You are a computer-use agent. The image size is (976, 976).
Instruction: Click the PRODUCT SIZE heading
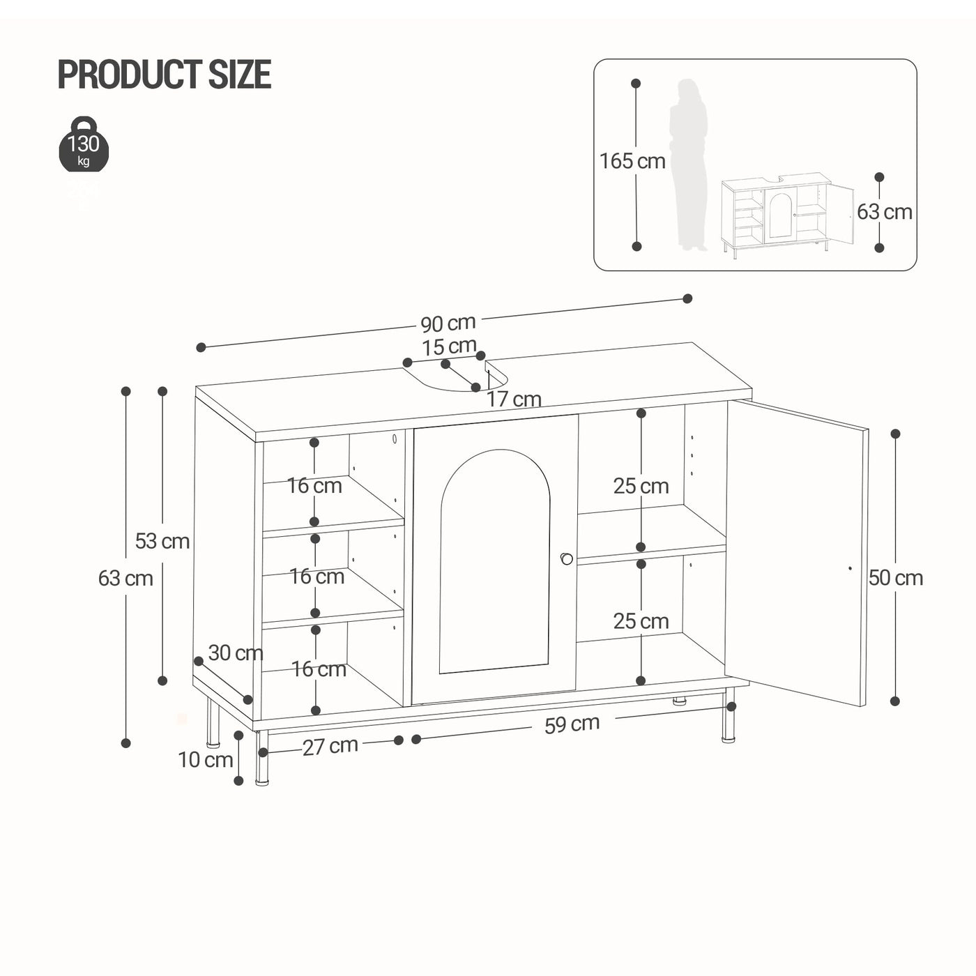tap(164, 75)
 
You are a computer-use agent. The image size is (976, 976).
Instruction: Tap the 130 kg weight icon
tap(84, 145)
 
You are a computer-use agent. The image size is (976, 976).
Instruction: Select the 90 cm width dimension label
tap(448, 323)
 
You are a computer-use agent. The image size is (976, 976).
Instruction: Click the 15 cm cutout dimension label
tap(449, 346)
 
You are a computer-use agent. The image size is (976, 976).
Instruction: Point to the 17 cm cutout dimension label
tap(514, 399)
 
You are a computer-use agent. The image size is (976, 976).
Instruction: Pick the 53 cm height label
tap(162, 541)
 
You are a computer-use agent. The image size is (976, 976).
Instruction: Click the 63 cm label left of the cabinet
tap(125, 578)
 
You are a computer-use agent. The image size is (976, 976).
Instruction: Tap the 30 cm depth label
tap(236, 653)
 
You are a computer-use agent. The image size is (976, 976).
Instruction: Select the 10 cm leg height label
tap(205, 759)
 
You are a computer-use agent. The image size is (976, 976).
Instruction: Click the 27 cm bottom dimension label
tap(330, 746)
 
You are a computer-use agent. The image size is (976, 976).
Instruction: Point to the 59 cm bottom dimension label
tap(572, 724)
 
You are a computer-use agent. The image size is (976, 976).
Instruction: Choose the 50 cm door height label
tap(896, 578)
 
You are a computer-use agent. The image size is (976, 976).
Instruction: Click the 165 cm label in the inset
tap(632, 161)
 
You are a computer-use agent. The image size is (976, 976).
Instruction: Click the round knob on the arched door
tap(566, 558)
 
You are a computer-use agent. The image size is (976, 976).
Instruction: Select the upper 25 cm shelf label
tap(641, 486)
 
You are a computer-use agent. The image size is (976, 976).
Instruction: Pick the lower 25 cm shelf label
tap(641, 621)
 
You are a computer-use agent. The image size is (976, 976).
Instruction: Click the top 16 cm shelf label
tap(314, 486)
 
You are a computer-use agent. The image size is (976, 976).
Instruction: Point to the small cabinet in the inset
tap(786, 215)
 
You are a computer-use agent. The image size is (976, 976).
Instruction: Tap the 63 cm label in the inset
tap(884, 212)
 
